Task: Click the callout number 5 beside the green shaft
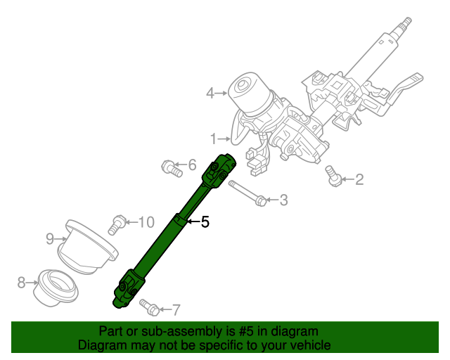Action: [x=205, y=221]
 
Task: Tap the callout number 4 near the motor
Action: [x=210, y=94]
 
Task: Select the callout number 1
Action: [x=213, y=139]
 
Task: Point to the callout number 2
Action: [x=359, y=179]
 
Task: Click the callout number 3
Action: [x=283, y=200]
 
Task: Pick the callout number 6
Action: [x=192, y=165]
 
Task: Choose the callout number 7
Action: [x=176, y=310]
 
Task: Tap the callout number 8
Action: [x=22, y=283]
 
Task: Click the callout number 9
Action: [x=50, y=239]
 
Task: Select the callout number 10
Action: [x=147, y=222]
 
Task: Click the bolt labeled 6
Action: [x=172, y=169]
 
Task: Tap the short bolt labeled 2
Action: [x=333, y=176]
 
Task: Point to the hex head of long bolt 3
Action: [x=261, y=200]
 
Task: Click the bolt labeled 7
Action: [x=149, y=307]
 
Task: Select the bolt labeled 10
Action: [x=117, y=225]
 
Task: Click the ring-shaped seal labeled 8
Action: [x=56, y=289]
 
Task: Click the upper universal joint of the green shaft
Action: [x=219, y=171]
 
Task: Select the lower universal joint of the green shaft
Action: [x=128, y=289]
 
